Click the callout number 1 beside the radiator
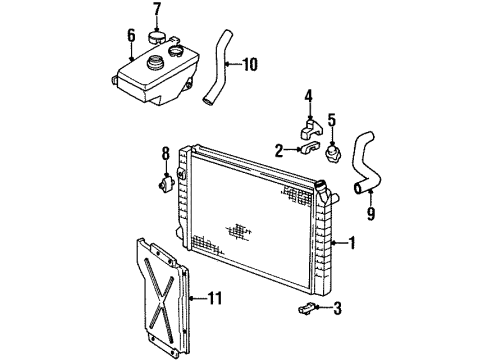pos(351,242)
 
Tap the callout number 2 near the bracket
pos(279,150)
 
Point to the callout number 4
pos(309,97)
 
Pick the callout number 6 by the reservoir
pos(130,36)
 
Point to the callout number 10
pos(250,66)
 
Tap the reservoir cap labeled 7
pos(156,38)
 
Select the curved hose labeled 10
pos(218,71)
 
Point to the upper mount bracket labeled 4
pos(310,128)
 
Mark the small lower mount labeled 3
pos(308,308)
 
